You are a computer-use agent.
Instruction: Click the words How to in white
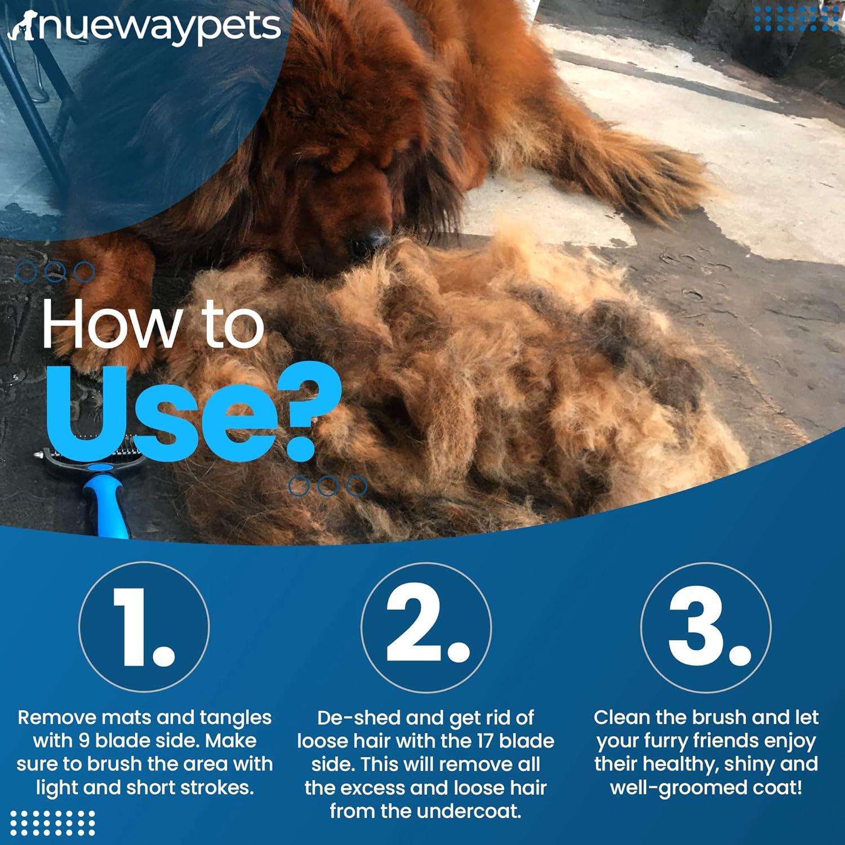click(152, 324)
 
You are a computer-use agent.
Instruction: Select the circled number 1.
click(144, 627)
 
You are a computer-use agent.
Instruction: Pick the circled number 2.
click(426, 627)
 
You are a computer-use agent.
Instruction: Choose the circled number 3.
click(706, 627)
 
